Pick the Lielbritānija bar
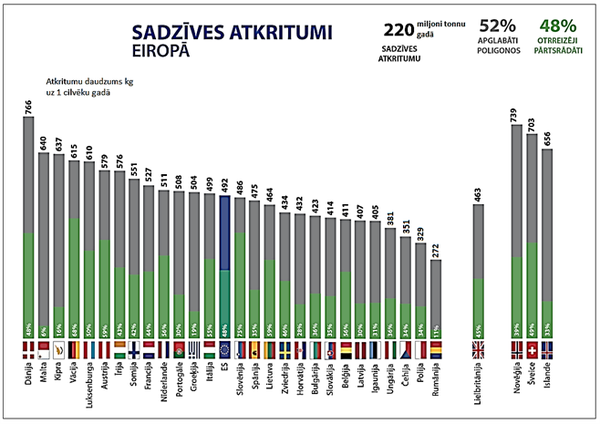point(479,270)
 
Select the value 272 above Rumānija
point(435,248)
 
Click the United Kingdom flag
point(479,348)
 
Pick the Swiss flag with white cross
point(533,348)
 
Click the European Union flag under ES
point(224,348)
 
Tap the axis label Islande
point(547,381)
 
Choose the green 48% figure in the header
point(555,27)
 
